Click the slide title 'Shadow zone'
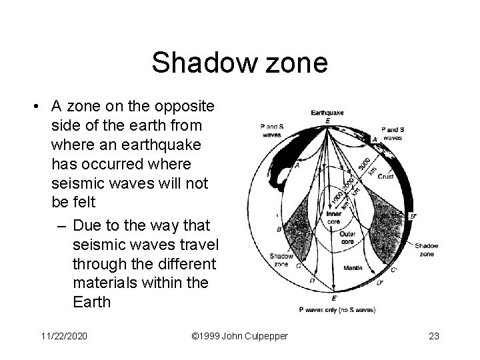click(239, 63)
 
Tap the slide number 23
click(433, 336)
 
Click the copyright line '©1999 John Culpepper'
click(239, 336)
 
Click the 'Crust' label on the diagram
click(387, 177)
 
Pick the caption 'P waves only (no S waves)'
click(337, 309)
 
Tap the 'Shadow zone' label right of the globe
click(426, 249)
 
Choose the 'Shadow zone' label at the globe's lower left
click(281, 259)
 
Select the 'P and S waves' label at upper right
click(393, 133)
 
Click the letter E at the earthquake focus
click(328, 121)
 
